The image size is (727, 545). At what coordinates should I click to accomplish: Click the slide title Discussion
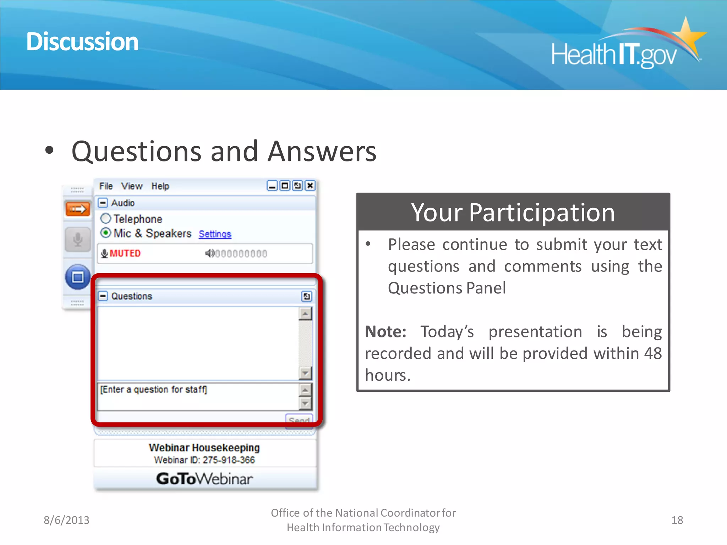82,42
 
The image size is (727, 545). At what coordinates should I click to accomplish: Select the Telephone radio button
106,219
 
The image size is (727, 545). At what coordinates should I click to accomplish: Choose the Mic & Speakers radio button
106,233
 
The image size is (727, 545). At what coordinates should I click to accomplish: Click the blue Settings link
215,234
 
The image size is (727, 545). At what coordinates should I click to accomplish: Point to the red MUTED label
125,253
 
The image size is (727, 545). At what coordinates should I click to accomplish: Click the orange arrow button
77,209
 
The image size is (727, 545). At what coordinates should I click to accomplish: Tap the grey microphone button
77,240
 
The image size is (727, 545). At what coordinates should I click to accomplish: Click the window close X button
310,186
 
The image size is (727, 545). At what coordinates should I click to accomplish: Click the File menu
106,186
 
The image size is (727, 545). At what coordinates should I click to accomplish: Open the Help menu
160,186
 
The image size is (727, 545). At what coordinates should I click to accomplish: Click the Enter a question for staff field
197,396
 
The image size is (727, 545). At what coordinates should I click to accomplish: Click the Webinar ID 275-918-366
204,460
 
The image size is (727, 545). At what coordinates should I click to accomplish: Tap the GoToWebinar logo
204,479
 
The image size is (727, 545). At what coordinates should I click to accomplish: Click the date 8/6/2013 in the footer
66,520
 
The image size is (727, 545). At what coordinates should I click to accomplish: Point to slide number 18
677,520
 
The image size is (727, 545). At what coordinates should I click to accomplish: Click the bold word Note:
386,332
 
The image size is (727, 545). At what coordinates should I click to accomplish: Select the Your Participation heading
513,213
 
